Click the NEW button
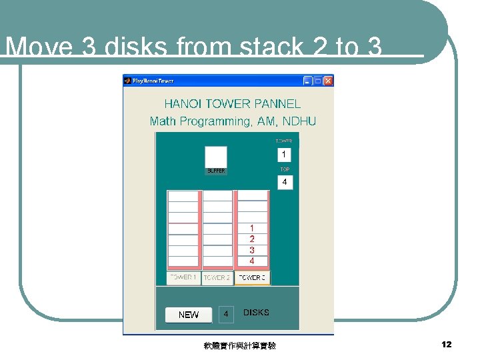tap(189, 315)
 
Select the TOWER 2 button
tap(217, 277)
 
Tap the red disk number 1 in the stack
tap(252, 228)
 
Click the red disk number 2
tap(252, 239)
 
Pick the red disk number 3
tap(252, 250)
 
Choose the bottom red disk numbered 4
tap(252, 261)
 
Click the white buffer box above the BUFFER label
tap(216, 157)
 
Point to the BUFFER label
tap(216, 171)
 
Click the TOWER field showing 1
tap(285, 155)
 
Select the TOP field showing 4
tap(285, 181)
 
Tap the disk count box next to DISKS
tap(226, 314)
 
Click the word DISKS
tap(257, 313)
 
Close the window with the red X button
tap(328, 81)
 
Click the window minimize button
tap(307, 81)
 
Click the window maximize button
tap(318, 81)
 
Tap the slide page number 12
tap(447, 344)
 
